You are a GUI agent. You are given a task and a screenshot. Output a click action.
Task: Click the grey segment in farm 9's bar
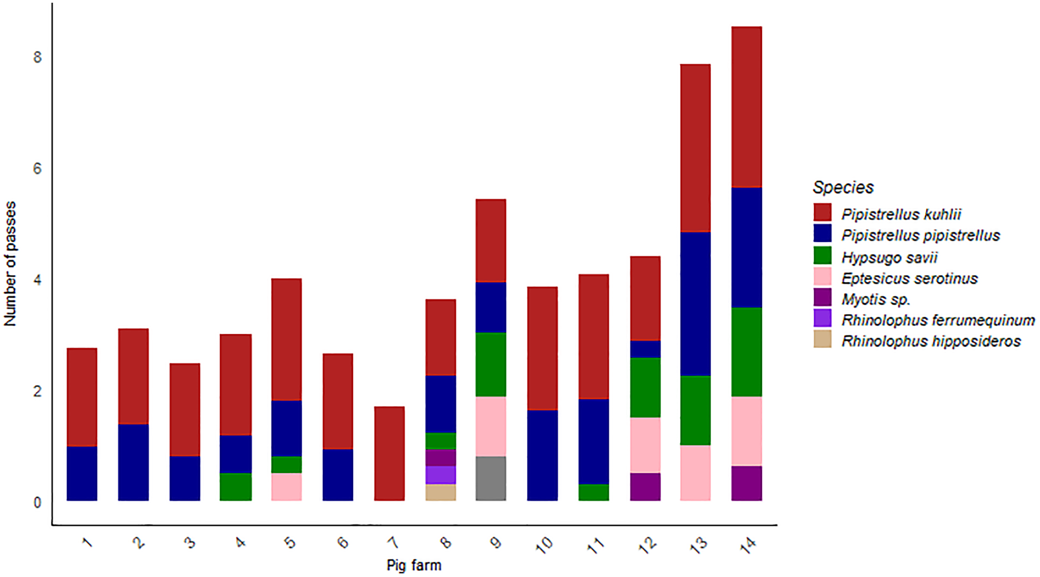tap(491, 478)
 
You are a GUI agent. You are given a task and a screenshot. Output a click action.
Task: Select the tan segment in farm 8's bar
tap(440, 492)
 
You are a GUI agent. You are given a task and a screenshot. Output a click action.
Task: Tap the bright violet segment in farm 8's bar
tap(440, 475)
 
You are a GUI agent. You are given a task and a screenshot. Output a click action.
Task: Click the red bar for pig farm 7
tap(389, 453)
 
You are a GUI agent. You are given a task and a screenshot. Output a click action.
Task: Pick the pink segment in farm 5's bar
tap(287, 486)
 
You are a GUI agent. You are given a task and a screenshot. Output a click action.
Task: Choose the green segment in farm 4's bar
tap(236, 486)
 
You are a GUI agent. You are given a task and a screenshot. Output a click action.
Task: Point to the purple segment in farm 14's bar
tap(746, 483)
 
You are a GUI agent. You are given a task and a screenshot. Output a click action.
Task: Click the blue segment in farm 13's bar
tap(695, 304)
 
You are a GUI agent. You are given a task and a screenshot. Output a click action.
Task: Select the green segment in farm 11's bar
tap(593, 492)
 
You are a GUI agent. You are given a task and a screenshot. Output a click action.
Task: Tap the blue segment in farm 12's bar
tap(645, 349)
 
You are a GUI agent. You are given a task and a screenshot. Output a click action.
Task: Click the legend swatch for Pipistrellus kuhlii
tap(822, 213)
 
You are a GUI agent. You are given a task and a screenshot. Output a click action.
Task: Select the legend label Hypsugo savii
tap(889, 257)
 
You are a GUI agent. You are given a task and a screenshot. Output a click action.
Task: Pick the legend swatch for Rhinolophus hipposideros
tap(822, 339)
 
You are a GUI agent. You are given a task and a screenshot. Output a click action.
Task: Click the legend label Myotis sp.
tap(876, 299)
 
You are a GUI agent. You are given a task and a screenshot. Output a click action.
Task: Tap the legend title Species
tap(843, 187)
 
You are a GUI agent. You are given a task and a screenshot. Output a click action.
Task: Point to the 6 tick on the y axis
tap(37, 169)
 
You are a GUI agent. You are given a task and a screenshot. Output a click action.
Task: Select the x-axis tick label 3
tap(189, 543)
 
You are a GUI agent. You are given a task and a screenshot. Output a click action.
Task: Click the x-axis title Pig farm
tap(414, 565)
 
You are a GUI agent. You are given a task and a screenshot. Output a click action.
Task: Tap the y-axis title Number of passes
tap(10, 264)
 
